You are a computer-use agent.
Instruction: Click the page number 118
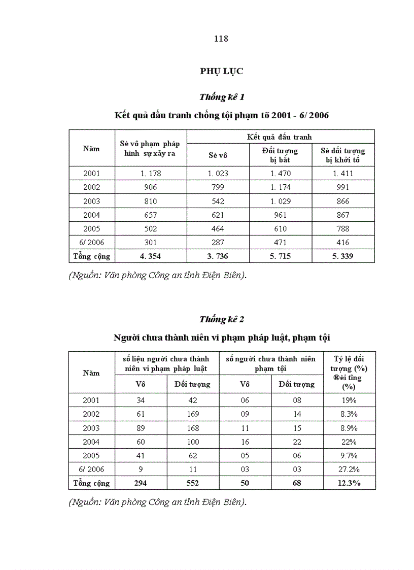point(221,39)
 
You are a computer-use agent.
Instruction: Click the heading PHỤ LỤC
point(221,71)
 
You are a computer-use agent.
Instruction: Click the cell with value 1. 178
point(151,174)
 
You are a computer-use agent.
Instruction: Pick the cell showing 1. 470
point(280,174)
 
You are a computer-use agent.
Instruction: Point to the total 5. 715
point(280,256)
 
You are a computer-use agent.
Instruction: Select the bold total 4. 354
point(151,256)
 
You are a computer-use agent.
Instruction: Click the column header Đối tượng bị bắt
point(280,155)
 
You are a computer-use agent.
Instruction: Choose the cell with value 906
point(151,187)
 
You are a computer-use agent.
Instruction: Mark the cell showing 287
point(218,243)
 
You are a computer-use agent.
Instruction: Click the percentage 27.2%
point(349,470)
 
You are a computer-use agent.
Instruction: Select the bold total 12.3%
point(349,483)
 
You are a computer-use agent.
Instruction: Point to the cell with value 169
point(192,414)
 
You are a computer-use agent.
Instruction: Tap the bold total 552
point(192,483)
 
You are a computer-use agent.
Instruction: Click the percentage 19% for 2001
point(349,400)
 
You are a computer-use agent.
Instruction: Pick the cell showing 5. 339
point(343,256)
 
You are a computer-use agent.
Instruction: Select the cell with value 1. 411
point(343,174)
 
